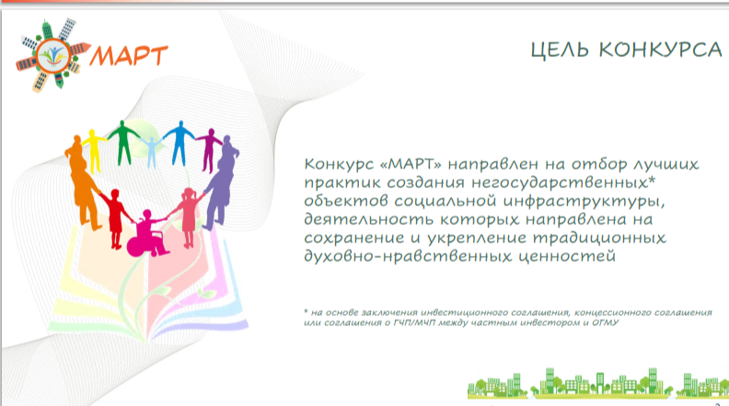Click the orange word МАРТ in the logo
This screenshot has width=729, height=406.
tap(129, 56)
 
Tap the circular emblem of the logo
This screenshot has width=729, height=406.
tap(53, 56)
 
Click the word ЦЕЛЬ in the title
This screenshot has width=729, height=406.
tap(560, 50)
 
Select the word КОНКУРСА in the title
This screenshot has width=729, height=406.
tap(660, 50)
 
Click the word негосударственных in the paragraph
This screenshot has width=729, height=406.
tap(563, 182)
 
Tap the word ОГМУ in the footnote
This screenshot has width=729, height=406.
tap(606, 323)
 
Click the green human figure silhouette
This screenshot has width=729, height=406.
tap(123, 143)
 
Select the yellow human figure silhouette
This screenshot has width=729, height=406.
tap(95, 151)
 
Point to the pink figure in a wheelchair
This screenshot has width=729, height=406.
tap(146, 234)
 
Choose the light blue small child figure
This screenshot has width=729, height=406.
tap(151, 152)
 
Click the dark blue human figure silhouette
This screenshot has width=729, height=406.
tap(179, 144)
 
